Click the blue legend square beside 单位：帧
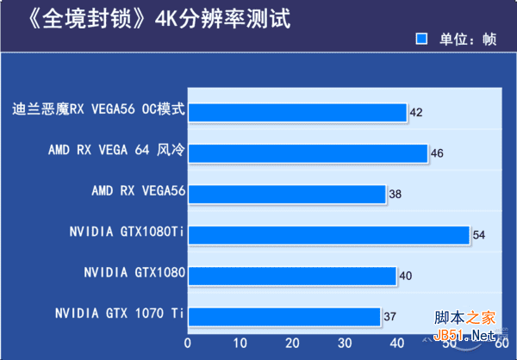click(x=421, y=39)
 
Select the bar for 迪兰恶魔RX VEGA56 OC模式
click(x=297, y=113)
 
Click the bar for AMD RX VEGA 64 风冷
click(x=308, y=153)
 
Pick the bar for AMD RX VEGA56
click(x=287, y=195)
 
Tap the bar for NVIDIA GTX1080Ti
click(x=328, y=235)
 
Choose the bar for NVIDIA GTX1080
click(x=292, y=276)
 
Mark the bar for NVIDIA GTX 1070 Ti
click(x=284, y=317)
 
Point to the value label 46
click(x=438, y=153)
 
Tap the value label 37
click(x=389, y=317)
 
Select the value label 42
click(x=416, y=113)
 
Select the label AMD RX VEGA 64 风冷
click(x=116, y=150)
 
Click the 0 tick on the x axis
click(x=188, y=342)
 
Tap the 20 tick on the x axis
click(x=292, y=342)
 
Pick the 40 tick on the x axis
click(x=396, y=342)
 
